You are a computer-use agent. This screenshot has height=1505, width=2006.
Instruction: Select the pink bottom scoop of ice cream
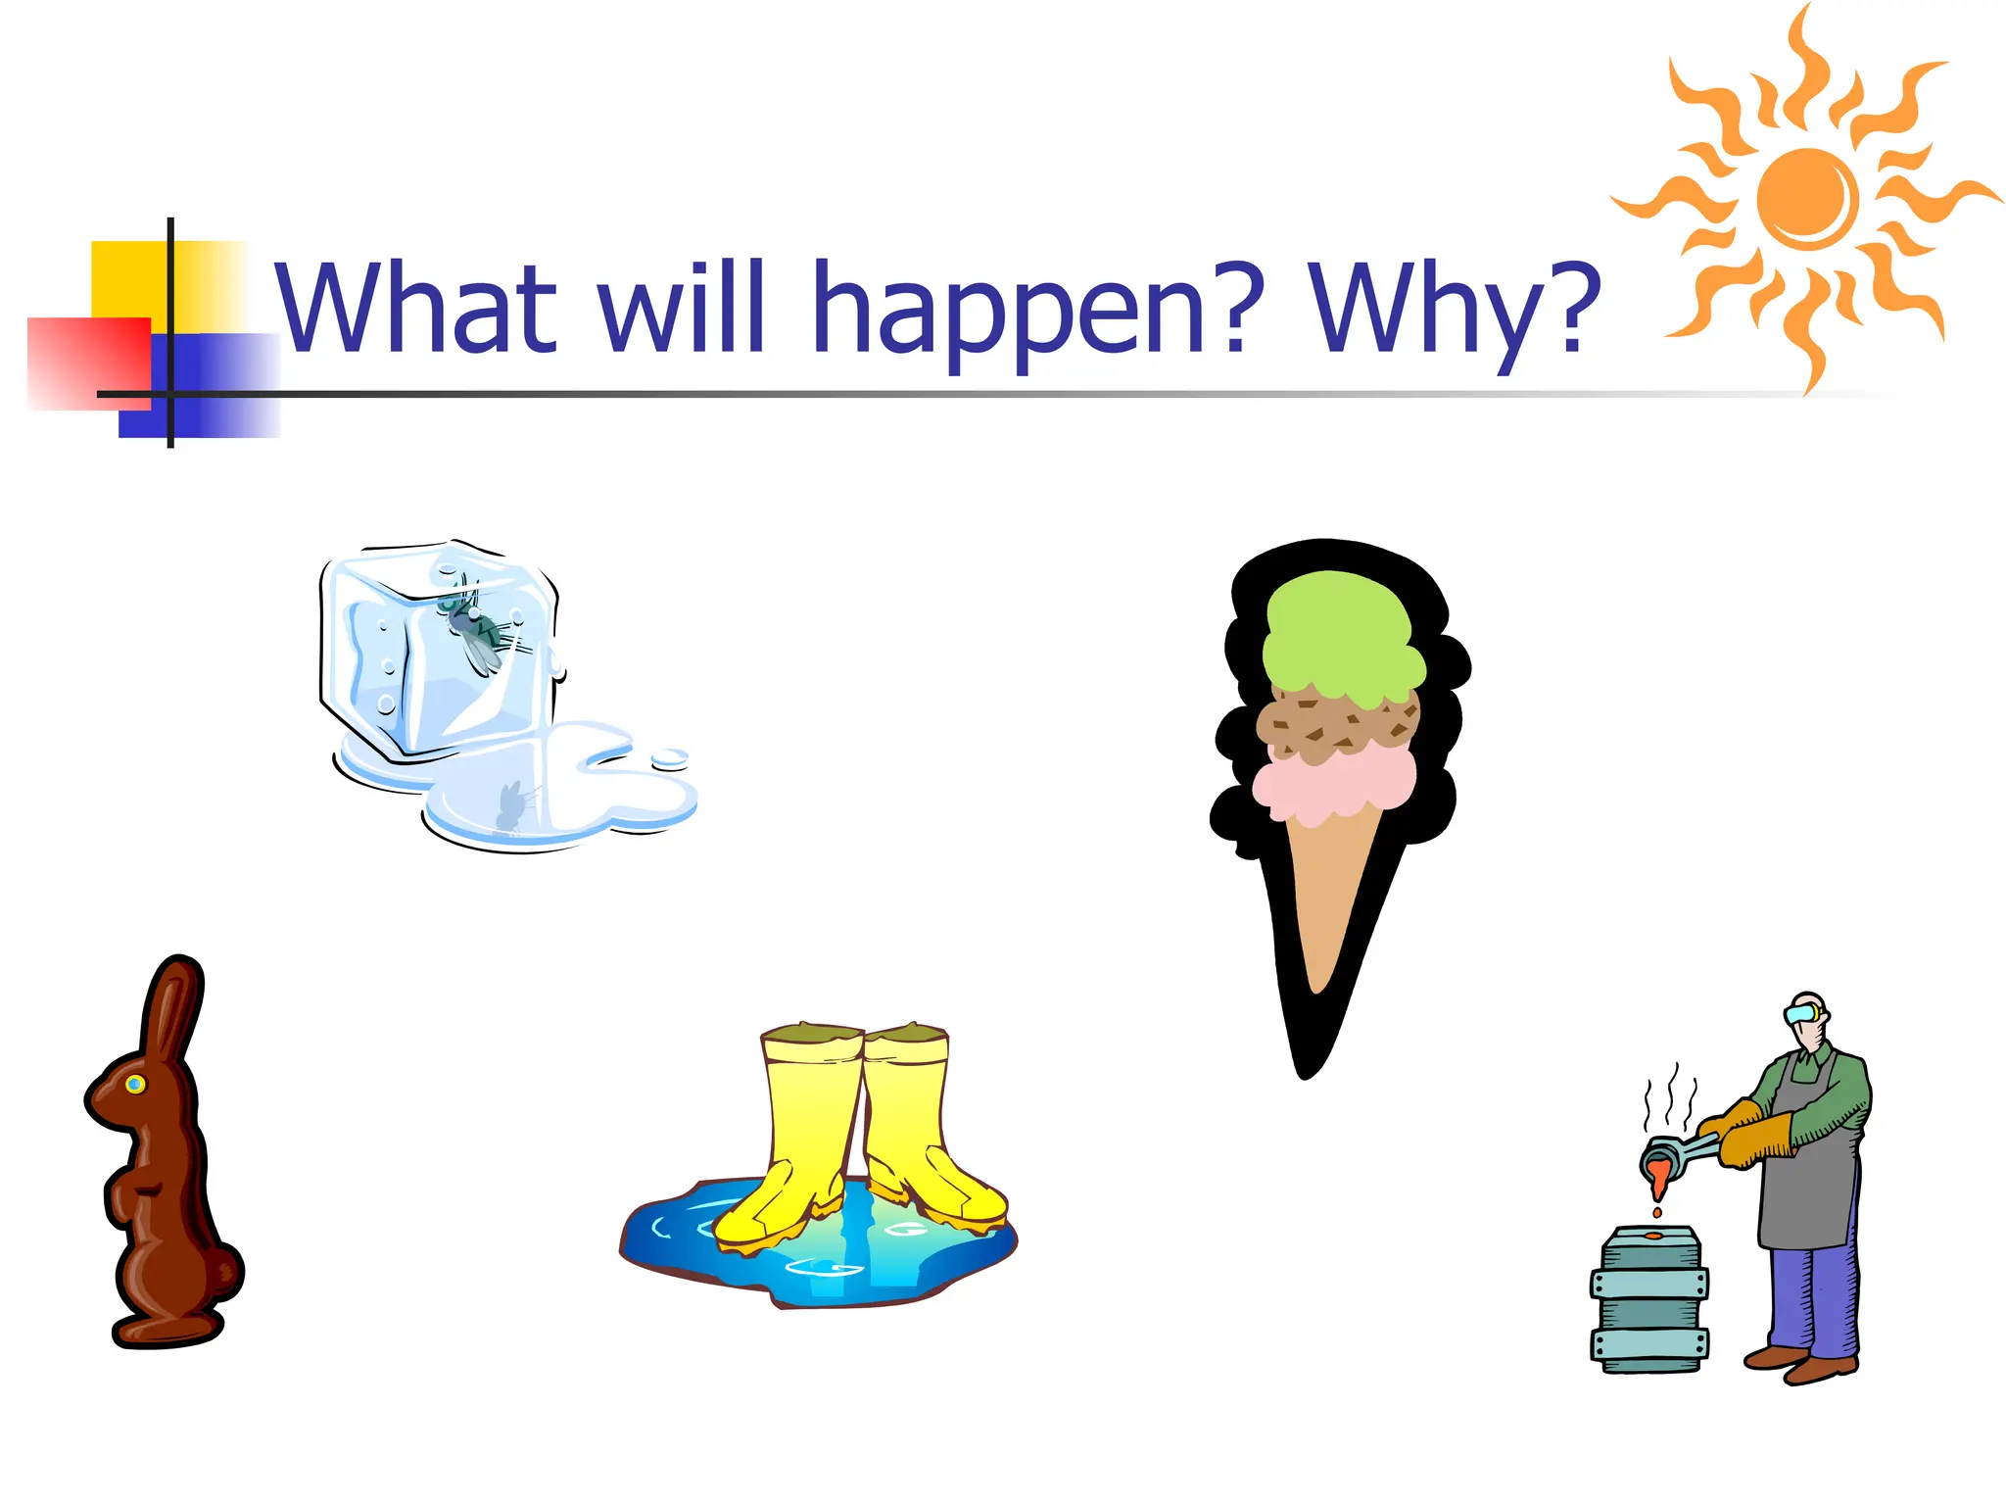click(x=1332, y=785)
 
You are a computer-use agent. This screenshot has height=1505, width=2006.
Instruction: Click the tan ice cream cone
click(x=1327, y=901)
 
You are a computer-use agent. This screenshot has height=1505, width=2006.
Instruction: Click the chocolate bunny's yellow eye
click(x=135, y=1084)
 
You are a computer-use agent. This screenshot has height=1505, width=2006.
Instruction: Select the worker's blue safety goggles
click(x=1799, y=1013)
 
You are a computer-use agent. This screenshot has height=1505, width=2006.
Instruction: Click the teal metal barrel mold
click(x=1650, y=1303)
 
